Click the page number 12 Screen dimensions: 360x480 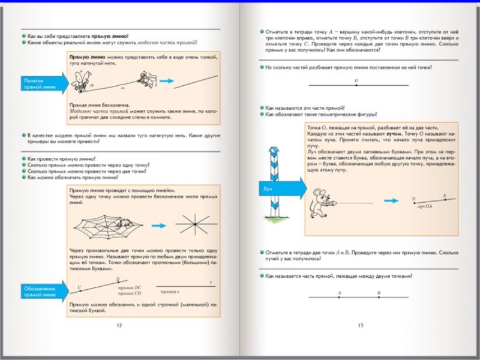119,325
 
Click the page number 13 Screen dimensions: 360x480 360,325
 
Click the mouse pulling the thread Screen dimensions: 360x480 317,201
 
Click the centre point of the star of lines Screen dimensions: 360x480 193,224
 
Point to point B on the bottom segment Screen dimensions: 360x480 379,296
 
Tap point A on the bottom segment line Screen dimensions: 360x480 340,296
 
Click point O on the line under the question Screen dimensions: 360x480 356,85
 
